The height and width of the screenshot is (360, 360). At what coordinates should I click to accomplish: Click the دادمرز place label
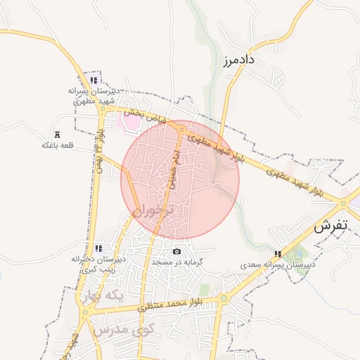(x=241, y=60)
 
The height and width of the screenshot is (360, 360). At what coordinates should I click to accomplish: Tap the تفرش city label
(x=330, y=226)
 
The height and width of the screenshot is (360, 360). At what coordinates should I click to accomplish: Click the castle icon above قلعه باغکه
(x=57, y=134)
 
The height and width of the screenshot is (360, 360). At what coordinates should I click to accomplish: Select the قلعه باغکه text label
(x=58, y=146)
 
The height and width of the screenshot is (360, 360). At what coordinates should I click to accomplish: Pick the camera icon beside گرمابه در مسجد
(x=176, y=252)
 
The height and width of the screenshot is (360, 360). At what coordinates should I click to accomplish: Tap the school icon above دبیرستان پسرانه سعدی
(x=278, y=254)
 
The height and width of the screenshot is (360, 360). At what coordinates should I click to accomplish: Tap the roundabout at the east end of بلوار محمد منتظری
(x=223, y=298)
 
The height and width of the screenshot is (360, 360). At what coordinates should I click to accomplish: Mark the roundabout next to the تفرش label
(x=344, y=204)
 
